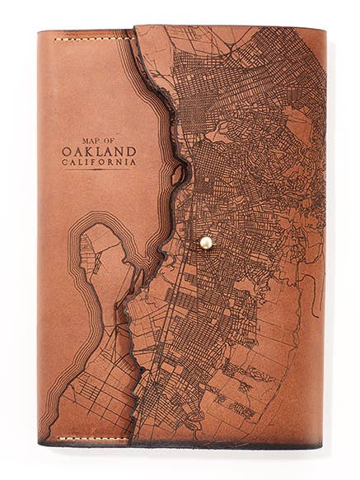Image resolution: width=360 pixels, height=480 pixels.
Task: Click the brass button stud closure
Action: [205, 242]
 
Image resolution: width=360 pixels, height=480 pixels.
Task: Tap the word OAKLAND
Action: [99, 151]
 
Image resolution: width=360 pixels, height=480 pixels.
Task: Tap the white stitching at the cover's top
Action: [92, 37]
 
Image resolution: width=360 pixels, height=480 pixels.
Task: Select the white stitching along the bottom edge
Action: [92, 439]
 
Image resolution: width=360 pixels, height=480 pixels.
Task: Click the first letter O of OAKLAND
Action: [67, 151]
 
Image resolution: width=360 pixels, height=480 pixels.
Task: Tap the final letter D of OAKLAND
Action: [131, 151]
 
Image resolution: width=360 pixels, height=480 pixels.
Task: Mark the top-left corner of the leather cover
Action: [40, 31]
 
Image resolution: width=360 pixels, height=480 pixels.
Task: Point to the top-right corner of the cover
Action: [324, 30]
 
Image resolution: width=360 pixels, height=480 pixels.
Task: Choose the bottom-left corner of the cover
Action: [40, 442]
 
